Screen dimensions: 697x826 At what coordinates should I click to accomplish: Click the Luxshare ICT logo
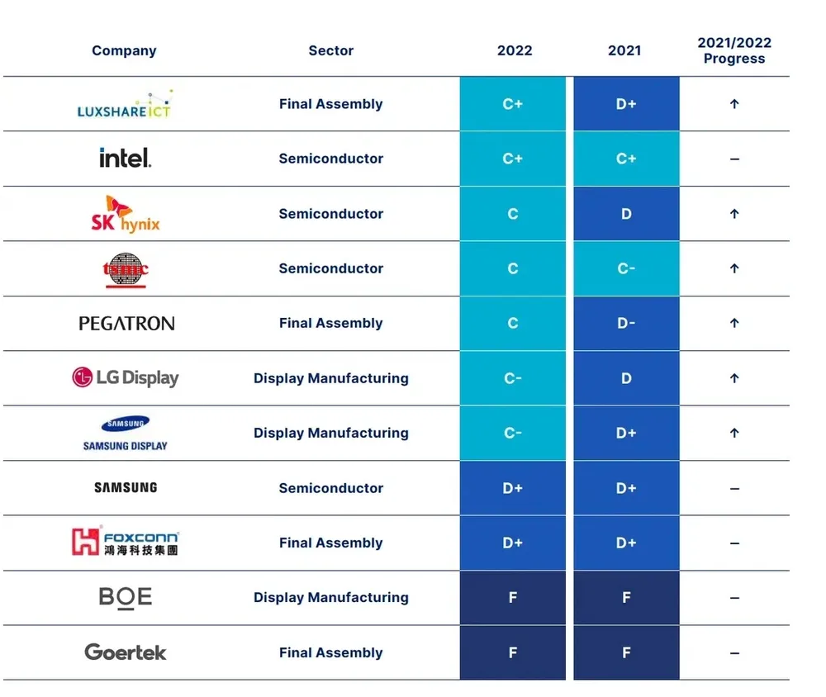point(124,105)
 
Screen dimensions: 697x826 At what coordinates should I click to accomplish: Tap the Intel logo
point(125,158)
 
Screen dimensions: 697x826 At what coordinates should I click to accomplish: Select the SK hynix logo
point(126,214)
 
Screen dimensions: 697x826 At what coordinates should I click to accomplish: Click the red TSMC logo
point(126,269)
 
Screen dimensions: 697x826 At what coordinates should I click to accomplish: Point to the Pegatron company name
point(126,324)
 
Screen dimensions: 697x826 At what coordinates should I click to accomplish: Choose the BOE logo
point(126,597)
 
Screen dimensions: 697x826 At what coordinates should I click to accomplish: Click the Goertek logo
point(126,652)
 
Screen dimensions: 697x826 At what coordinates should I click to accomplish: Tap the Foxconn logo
point(126,543)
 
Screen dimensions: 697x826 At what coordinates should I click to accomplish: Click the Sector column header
point(331,50)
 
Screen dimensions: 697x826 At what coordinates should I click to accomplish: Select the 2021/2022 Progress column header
point(734,50)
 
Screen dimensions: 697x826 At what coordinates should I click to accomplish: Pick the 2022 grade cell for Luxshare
point(513,104)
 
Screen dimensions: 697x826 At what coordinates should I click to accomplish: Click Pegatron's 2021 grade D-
point(626,324)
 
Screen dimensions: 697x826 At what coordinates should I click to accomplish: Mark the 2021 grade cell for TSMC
point(626,268)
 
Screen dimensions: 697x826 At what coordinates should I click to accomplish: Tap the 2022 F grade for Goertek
point(513,652)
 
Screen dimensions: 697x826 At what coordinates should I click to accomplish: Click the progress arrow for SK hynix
point(734,214)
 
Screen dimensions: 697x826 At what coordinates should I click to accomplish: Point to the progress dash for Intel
point(734,159)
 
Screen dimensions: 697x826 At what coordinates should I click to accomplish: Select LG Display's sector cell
point(331,378)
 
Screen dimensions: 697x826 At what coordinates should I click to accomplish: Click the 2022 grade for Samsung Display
point(513,433)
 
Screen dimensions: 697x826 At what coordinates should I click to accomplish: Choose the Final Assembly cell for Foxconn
point(331,543)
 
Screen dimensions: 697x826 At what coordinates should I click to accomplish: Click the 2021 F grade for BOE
point(626,598)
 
